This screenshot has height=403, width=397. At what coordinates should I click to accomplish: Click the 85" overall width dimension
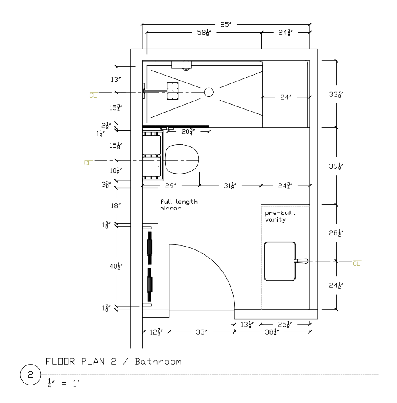(x=226, y=25)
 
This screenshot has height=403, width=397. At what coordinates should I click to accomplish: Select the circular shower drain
(x=209, y=92)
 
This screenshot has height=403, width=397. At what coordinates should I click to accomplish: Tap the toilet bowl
(x=182, y=159)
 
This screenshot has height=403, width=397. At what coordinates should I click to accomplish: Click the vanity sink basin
(x=280, y=261)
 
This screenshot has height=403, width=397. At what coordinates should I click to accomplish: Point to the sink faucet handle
(x=301, y=261)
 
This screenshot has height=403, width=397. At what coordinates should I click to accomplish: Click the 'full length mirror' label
(x=179, y=205)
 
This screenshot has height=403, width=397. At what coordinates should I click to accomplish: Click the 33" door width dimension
(x=201, y=332)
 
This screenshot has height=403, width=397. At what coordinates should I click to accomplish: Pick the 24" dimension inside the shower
(x=286, y=97)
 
